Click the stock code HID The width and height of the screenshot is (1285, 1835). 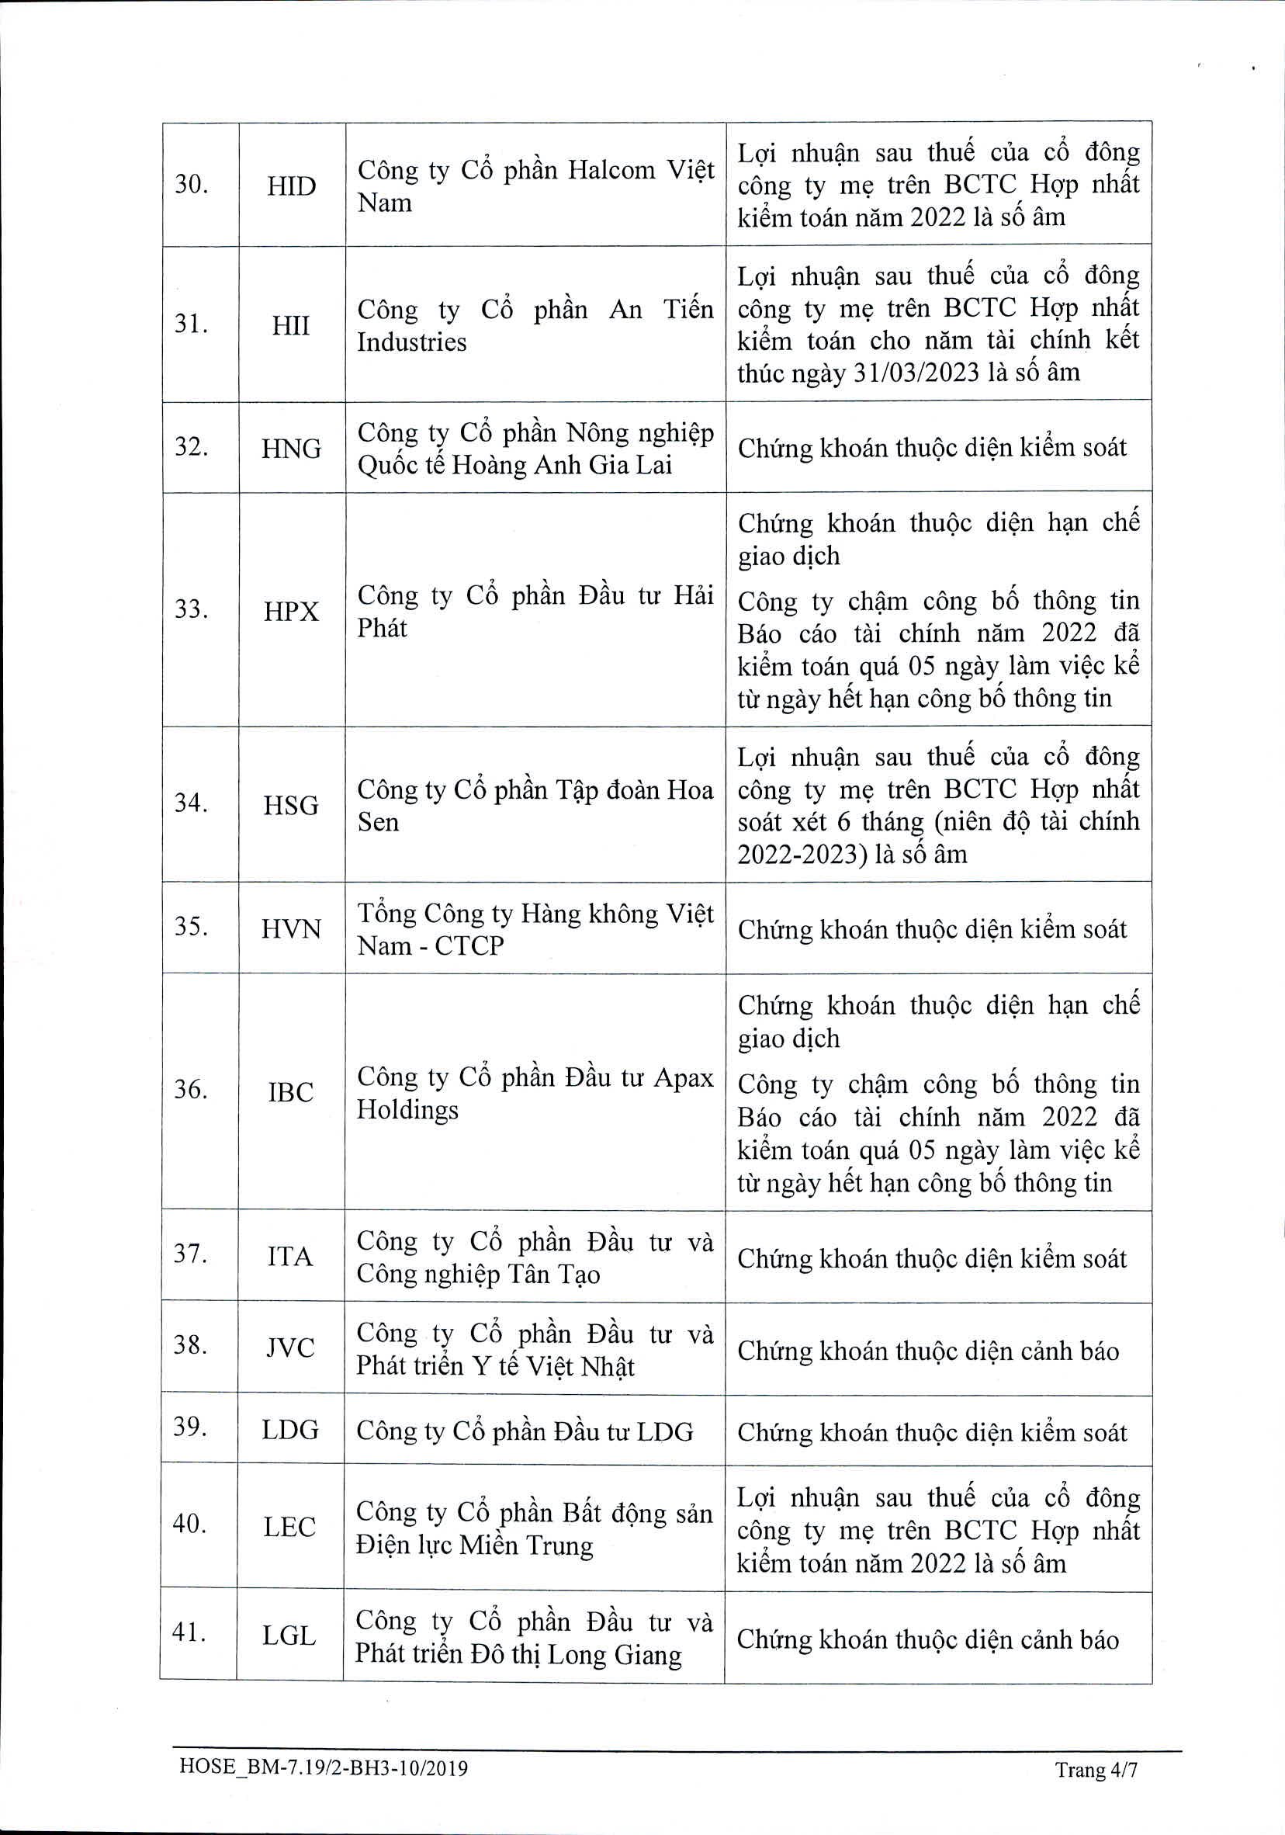(x=291, y=186)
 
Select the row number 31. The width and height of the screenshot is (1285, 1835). (x=191, y=324)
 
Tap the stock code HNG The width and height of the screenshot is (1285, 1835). (x=291, y=449)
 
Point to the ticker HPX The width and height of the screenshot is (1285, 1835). (x=291, y=612)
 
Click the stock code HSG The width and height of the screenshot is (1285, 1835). (x=291, y=805)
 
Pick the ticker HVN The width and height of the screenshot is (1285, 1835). (x=291, y=929)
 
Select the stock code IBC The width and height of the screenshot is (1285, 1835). (x=291, y=1091)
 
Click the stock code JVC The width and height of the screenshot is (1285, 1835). (x=290, y=1348)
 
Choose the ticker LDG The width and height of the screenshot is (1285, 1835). (x=290, y=1430)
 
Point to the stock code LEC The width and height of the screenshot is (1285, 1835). (x=289, y=1528)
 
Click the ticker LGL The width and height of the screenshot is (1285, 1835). (x=289, y=1636)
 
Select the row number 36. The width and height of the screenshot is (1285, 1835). (x=190, y=1089)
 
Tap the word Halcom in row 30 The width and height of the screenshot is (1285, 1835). (x=611, y=170)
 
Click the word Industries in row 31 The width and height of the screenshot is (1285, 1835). (x=411, y=342)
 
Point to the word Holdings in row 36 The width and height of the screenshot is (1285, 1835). (x=407, y=1110)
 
